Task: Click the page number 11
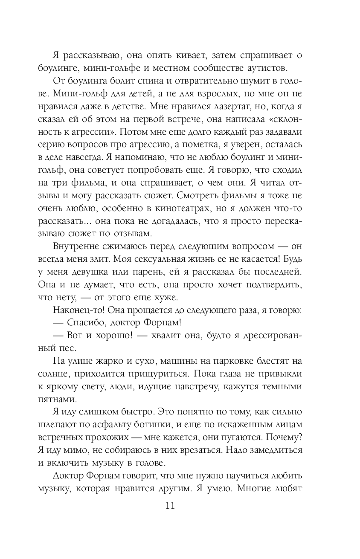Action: tap(170, 507)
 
